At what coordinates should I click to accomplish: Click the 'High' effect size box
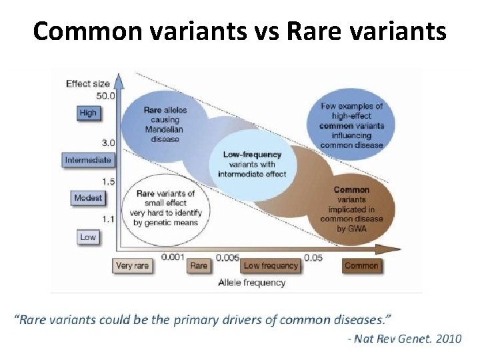coord(88,113)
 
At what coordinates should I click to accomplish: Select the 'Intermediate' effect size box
coord(88,160)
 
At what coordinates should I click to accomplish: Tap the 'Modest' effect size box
coord(88,198)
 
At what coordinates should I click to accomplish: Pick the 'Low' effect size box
coord(88,237)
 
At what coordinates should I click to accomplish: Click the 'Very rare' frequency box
coord(133,265)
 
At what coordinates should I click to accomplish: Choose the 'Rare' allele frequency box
coord(199,265)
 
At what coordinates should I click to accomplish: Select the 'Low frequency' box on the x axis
coord(271,265)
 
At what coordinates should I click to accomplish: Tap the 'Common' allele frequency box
coord(361,265)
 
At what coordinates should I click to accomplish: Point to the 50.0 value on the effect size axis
coord(105,96)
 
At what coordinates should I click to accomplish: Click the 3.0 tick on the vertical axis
coord(108,142)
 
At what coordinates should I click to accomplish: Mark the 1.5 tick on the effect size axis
coord(108,181)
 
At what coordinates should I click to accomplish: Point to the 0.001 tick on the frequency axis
coord(173,256)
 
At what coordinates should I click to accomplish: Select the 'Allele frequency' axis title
coord(252,282)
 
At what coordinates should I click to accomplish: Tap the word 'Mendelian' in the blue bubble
coord(165,129)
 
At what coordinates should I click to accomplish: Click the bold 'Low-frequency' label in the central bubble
coord(253,155)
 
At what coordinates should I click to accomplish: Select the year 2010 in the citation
coord(448,339)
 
